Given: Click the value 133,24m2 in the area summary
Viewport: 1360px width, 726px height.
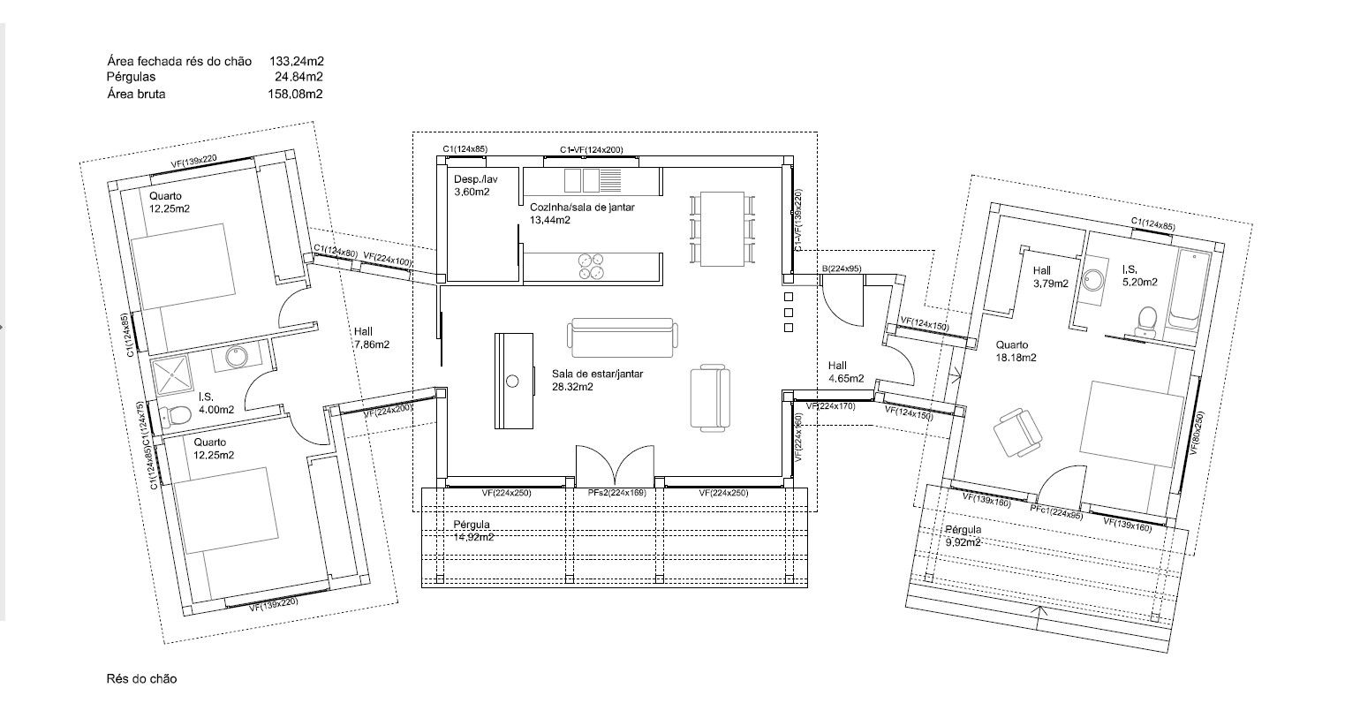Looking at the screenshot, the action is [x=297, y=61].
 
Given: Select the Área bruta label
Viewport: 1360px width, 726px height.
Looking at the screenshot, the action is [x=136, y=95].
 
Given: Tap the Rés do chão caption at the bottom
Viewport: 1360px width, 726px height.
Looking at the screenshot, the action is [x=141, y=678].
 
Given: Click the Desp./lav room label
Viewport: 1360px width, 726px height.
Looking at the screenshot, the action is [x=475, y=179].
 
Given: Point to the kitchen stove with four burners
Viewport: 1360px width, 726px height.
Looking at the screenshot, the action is [x=591, y=267].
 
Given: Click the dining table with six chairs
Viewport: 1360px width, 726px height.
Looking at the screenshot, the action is [x=722, y=229].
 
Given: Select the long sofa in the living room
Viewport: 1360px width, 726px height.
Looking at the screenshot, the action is [x=623, y=337].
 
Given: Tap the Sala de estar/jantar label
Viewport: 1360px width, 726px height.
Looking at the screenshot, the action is [x=597, y=374].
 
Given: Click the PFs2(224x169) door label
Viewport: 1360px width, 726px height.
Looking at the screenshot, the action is [x=616, y=493].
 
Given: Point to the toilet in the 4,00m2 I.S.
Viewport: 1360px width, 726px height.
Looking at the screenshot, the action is [x=175, y=416].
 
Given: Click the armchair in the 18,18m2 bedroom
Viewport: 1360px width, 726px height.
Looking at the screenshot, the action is [x=1018, y=432].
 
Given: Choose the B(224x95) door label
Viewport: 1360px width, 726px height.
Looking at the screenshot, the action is [x=842, y=268].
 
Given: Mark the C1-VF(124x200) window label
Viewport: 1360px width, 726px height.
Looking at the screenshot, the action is [x=592, y=150].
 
